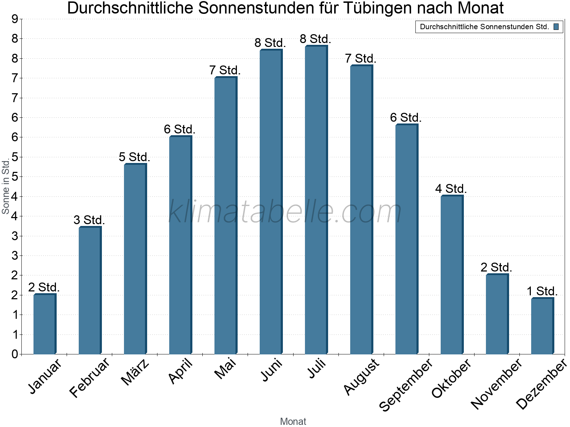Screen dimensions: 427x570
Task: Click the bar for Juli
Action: (316, 199)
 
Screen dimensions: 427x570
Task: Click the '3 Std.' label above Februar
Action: (89, 220)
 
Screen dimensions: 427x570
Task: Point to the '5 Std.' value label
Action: (134, 157)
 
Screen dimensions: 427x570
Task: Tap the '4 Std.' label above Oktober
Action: (451, 189)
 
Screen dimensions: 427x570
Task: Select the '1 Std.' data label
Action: (542, 291)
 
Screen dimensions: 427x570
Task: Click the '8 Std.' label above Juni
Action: (270, 43)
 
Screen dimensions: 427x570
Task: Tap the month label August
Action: (362, 376)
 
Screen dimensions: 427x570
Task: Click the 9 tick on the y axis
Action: (15, 19)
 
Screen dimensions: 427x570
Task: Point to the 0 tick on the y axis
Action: (15, 354)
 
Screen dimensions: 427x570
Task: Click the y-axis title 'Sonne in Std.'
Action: (6, 187)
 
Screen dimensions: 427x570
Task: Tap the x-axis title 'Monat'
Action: (293, 421)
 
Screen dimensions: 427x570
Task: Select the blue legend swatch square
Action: (556, 27)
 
